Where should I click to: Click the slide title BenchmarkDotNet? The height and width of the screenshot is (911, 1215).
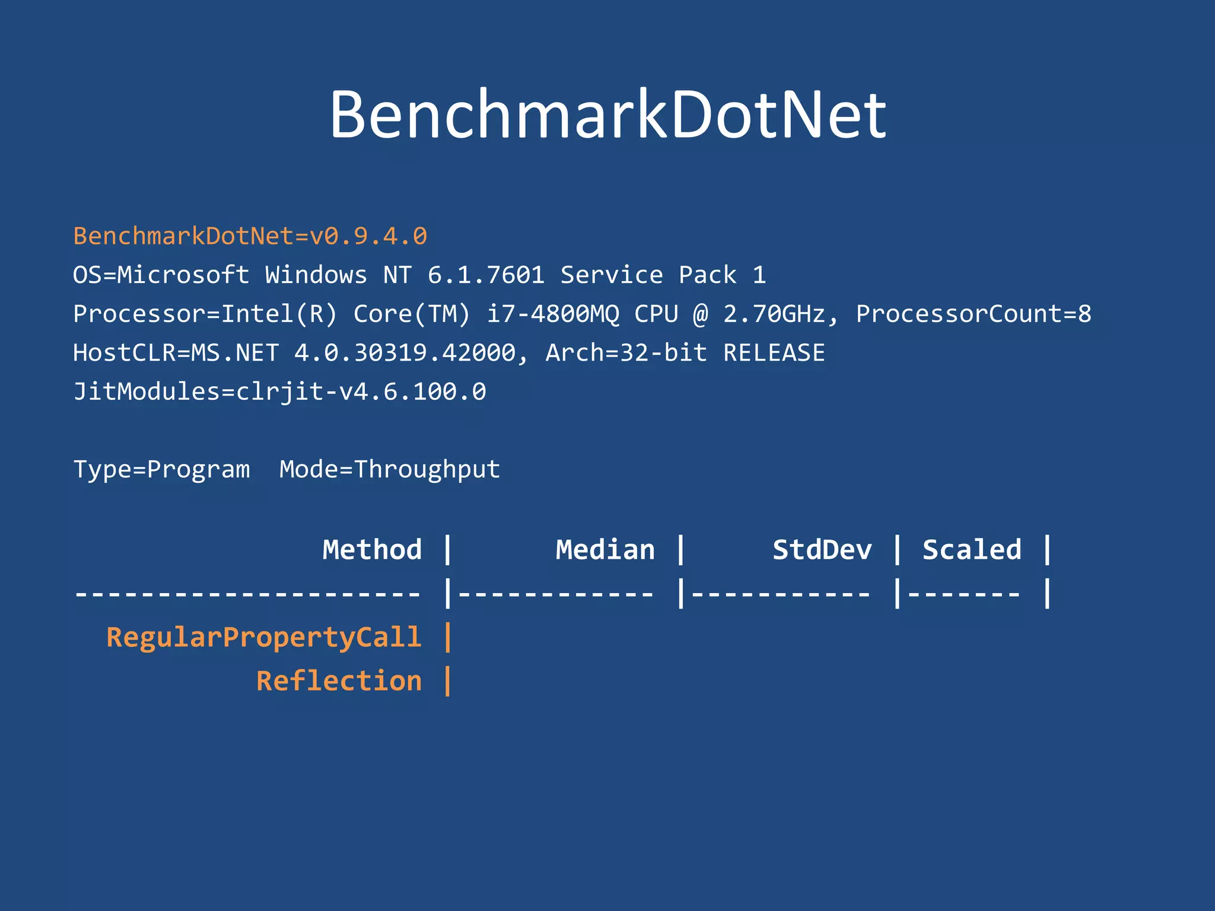coord(607,114)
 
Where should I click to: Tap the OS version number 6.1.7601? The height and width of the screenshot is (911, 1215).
coord(486,275)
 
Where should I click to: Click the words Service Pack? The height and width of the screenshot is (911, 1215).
coord(648,275)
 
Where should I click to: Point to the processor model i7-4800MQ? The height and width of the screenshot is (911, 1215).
coord(552,314)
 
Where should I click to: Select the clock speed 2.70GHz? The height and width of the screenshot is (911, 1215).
coord(774,314)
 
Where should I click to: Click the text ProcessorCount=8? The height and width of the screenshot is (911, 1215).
coord(973,314)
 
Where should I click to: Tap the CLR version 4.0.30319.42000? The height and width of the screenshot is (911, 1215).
coord(405,353)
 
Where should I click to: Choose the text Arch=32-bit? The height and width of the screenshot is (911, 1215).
coord(626,353)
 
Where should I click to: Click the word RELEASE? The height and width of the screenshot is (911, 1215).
coord(774,353)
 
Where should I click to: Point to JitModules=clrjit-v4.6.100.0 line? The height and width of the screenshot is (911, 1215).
coord(279,392)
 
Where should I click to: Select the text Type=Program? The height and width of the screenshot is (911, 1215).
coord(161,470)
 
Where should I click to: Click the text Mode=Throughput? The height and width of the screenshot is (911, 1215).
coord(390,470)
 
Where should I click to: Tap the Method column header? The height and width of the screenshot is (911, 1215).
coord(372,550)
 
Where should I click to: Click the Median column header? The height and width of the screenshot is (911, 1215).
coord(605,550)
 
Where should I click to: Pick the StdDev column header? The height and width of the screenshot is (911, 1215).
coord(822,550)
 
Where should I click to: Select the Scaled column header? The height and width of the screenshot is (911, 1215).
coord(972,550)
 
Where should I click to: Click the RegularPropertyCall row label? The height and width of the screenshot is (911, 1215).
coord(264,637)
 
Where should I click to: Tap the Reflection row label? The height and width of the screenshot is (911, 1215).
coord(339,681)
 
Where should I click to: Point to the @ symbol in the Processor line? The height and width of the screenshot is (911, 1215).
coord(700,314)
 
